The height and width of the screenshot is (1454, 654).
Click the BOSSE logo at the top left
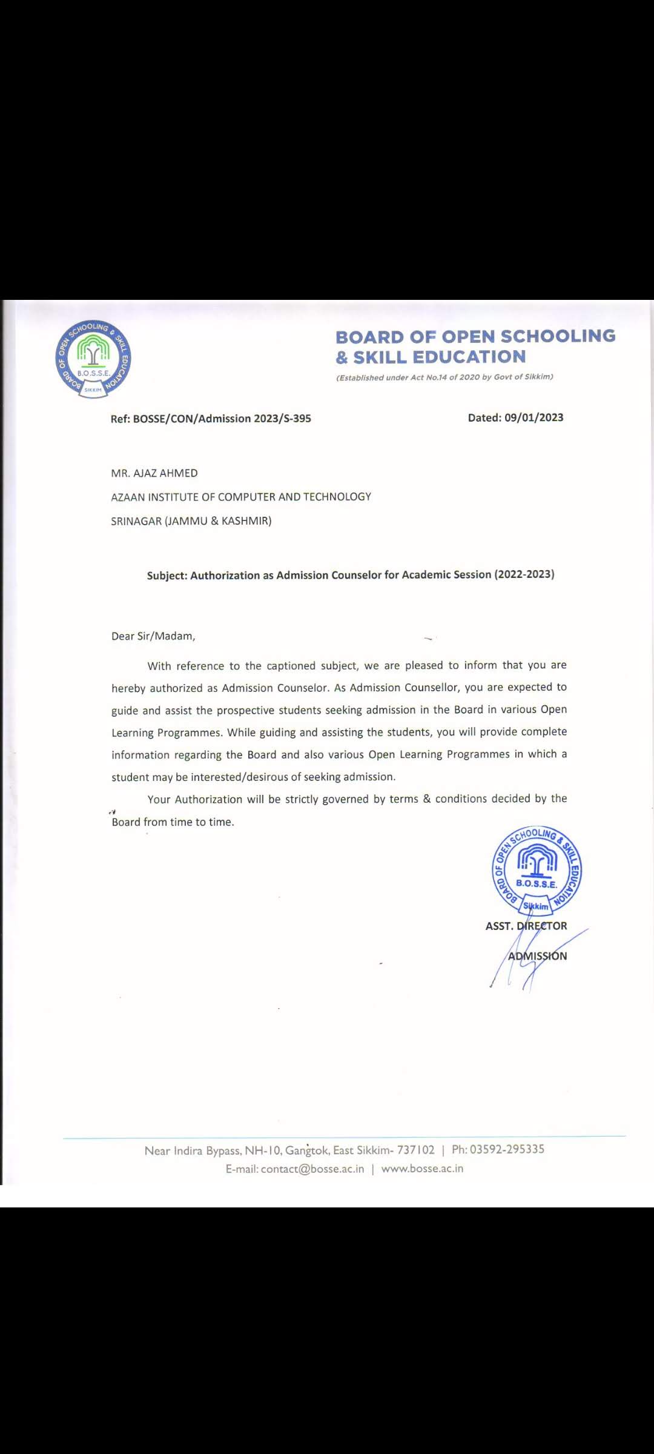(x=93, y=358)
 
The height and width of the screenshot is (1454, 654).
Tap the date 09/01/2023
(x=533, y=417)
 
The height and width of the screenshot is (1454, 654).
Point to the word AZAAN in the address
(x=128, y=497)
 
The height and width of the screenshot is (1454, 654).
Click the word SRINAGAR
(x=136, y=521)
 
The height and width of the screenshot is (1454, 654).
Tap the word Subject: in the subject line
(x=167, y=576)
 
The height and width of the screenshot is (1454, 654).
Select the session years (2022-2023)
(x=524, y=574)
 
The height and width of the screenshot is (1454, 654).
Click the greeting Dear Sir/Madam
(x=153, y=636)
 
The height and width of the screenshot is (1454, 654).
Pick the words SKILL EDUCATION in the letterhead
(x=440, y=357)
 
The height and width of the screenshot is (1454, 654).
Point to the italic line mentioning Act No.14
(x=444, y=377)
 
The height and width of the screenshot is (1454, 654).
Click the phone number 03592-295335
(x=507, y=1149)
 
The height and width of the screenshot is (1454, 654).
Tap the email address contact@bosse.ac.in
(x=312, y=1169)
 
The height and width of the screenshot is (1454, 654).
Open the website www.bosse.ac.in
(x=422, y=1169)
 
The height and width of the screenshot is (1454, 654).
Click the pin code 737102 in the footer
(x=415, y=1150)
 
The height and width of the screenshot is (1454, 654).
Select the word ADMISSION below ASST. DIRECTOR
(x=538, y=956)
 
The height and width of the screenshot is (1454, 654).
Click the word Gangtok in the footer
(x=307, y=1150)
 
